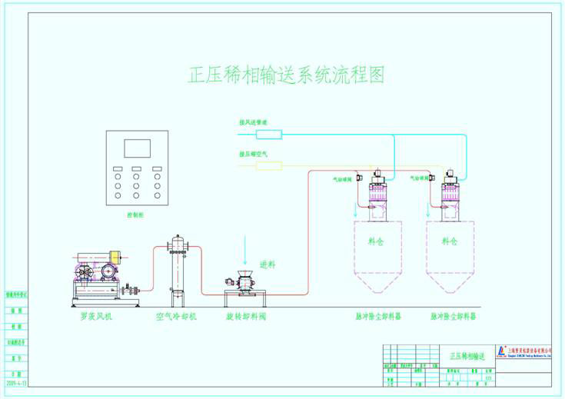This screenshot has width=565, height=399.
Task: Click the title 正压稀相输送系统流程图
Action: (286, 75)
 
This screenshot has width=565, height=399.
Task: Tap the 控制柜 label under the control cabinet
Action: (135, 216)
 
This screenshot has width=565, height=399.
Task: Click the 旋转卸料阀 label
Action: (245, 316)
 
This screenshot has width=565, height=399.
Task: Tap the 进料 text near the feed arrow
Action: (268, 264)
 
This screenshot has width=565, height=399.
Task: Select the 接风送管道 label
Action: (253, 121)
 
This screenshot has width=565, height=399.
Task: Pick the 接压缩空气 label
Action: (253, 154)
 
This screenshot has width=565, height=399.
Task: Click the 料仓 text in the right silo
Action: (450, 241)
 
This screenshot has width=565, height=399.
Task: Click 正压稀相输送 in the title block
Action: (467, 357)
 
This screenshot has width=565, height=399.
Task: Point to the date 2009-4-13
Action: (15, 381)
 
